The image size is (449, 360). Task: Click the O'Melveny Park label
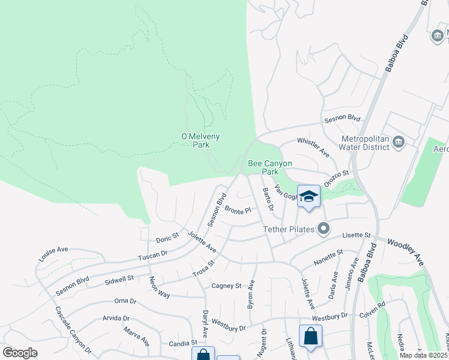click(x=200, y=140)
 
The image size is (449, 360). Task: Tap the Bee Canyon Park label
click(x=270, y=167)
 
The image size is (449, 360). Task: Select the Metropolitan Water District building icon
click(x=398, y=142)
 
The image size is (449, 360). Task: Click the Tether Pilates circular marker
click(x=324, y=228)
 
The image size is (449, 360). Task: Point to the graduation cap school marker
click(x=309, y=196)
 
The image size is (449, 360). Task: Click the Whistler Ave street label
click(x=313, y=148)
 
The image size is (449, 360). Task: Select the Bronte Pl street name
click(x=237, y=210)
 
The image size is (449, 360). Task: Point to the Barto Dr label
click(x=268, y=200)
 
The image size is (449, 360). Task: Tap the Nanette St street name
click(x=328, y=258)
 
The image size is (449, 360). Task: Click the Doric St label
click(x=167, y=238)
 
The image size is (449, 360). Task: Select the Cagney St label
click(x=226, y=286)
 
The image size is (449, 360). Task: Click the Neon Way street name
click(x=160, y=287)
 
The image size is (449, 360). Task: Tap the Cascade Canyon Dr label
click(x=73, y=329)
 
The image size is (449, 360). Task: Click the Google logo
click(x=20, y=353)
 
